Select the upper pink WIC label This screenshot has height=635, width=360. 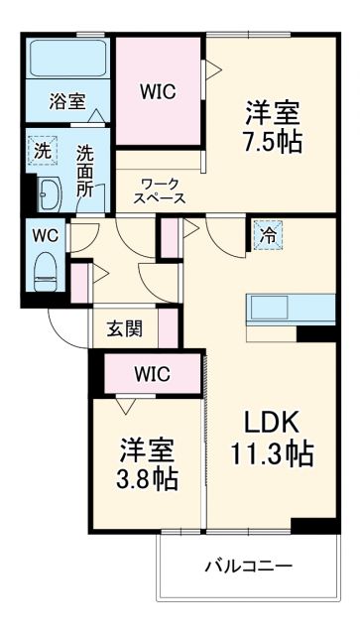[158, 92]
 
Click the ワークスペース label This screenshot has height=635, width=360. [160, 190]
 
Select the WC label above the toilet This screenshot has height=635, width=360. [44, 236]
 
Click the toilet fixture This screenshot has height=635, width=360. [45, 270]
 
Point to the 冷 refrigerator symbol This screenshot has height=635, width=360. [267, 235]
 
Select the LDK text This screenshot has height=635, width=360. [266, 418]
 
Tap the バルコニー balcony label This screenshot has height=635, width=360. [248, 566]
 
